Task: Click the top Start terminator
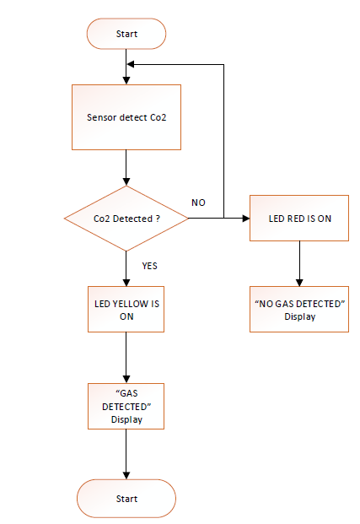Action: (x=126, y=35)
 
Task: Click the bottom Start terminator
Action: (x=126, y=499)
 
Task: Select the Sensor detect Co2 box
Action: (x=126, y=117)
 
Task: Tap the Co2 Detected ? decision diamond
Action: (x=126, y=219)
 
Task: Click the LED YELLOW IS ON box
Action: (x=126, y=310)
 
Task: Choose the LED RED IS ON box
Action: (x=299, y=219)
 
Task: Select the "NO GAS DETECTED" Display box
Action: (x=299, y=310)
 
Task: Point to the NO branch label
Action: (x=199, y=203)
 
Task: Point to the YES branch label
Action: (x=149, y=266)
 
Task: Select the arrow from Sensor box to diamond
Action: (x=126, y=169)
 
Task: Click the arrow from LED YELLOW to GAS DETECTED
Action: (x=126, y=358)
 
